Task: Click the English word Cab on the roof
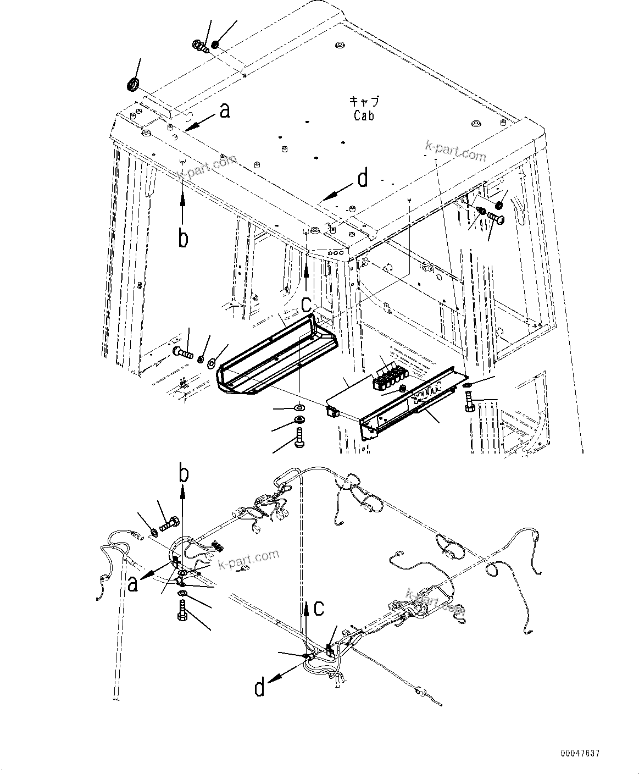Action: click(364, 115)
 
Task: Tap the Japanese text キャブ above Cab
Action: click(364, 102)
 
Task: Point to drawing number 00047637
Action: click(580, 753)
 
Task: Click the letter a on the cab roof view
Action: click(224, 112)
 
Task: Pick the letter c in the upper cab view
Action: click(306, 303)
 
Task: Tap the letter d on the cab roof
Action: click(363, 179)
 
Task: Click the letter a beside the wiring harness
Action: click(132, 584)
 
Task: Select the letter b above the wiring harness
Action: click(184, 474)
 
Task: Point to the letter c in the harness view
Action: click(319, 609)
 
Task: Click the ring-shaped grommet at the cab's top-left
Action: click(133, 85)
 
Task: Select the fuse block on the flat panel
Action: click(389, 378)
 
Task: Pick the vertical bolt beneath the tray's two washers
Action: click(300, 439)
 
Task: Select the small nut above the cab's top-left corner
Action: click(215, 43)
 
